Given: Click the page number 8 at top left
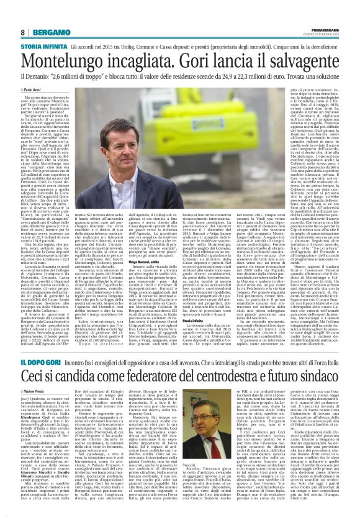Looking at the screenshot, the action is pyautogui.click(x=22, y=32).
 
